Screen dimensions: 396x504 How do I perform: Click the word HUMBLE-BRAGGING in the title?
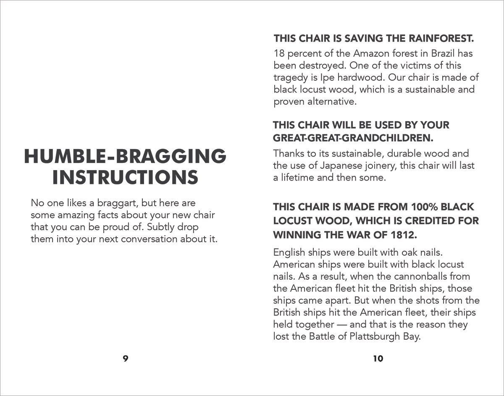125,157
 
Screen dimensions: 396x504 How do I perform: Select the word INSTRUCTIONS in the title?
125,177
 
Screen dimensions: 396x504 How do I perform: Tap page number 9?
125,359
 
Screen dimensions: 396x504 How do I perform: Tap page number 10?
378,359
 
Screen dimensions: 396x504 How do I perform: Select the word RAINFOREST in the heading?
441,39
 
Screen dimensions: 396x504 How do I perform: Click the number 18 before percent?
279,54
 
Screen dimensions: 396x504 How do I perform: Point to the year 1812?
404,235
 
